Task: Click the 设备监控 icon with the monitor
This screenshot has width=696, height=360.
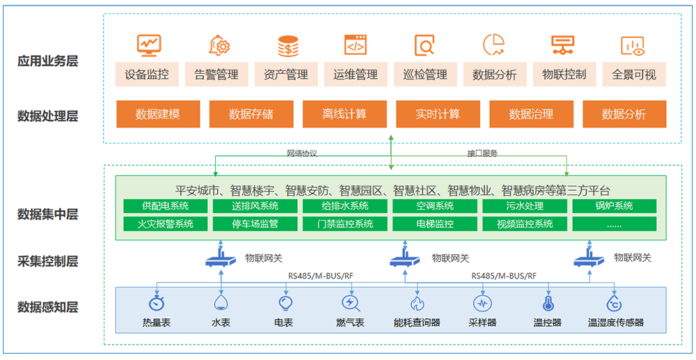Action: pos(148,45)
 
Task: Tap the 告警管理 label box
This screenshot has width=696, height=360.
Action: pos(216,75)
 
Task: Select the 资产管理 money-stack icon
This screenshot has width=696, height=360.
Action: pos(287,45)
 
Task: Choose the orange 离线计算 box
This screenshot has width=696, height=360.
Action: pos(345,114)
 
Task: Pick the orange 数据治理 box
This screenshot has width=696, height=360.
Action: pos(531,114)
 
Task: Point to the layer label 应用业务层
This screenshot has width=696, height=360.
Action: pos(48,61)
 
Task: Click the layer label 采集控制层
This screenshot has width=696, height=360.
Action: pos(48,262)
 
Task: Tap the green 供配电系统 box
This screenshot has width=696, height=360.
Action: pos(166,206)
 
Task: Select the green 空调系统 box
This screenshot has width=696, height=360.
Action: pos(435,206)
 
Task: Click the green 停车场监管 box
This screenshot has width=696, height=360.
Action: pos(255,224)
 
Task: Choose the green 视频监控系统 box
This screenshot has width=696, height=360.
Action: pos(525,224)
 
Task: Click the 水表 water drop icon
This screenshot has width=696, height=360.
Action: pos(221,302)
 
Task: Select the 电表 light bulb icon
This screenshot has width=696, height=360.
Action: pos(284,302)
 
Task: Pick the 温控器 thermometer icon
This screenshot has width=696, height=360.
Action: pos(548,303)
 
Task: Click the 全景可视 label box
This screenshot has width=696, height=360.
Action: pos(634,75)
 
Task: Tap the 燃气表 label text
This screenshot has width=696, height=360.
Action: pos(350,323)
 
